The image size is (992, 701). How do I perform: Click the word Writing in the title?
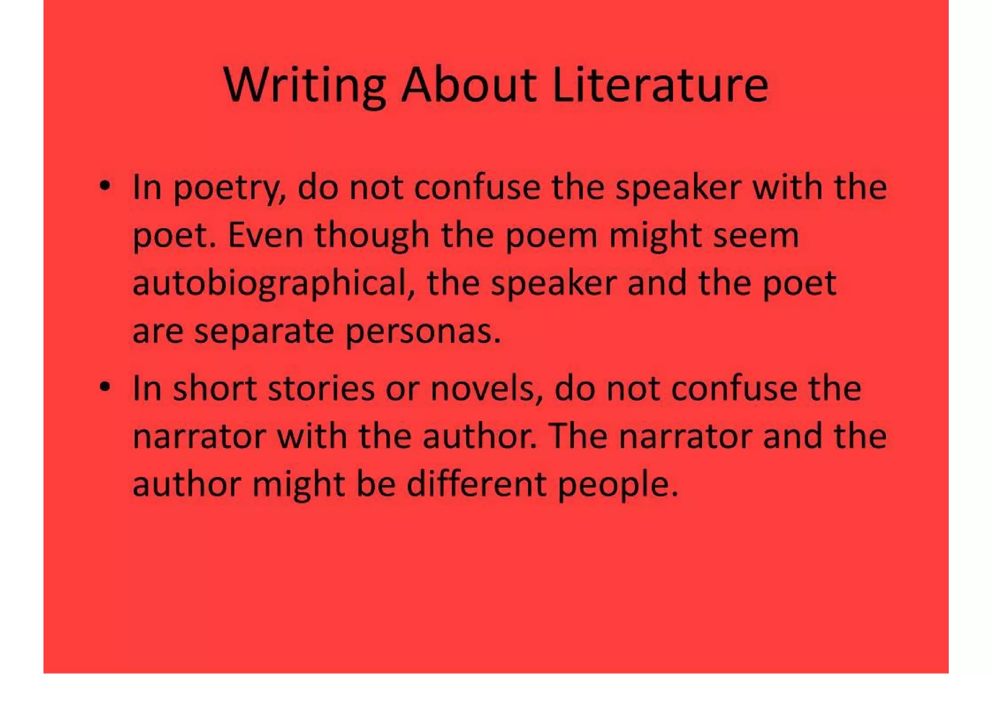(x=304, y=86)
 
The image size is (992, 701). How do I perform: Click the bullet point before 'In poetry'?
(x=105, y=186)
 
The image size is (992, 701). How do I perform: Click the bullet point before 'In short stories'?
(x=105, y=387)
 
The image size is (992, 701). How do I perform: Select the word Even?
(x=265, y=235)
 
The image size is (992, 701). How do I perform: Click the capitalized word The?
(x=578, y=436)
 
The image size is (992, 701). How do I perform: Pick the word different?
(x=477, y=484)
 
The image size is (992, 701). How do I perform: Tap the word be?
(x=375, y=484)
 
